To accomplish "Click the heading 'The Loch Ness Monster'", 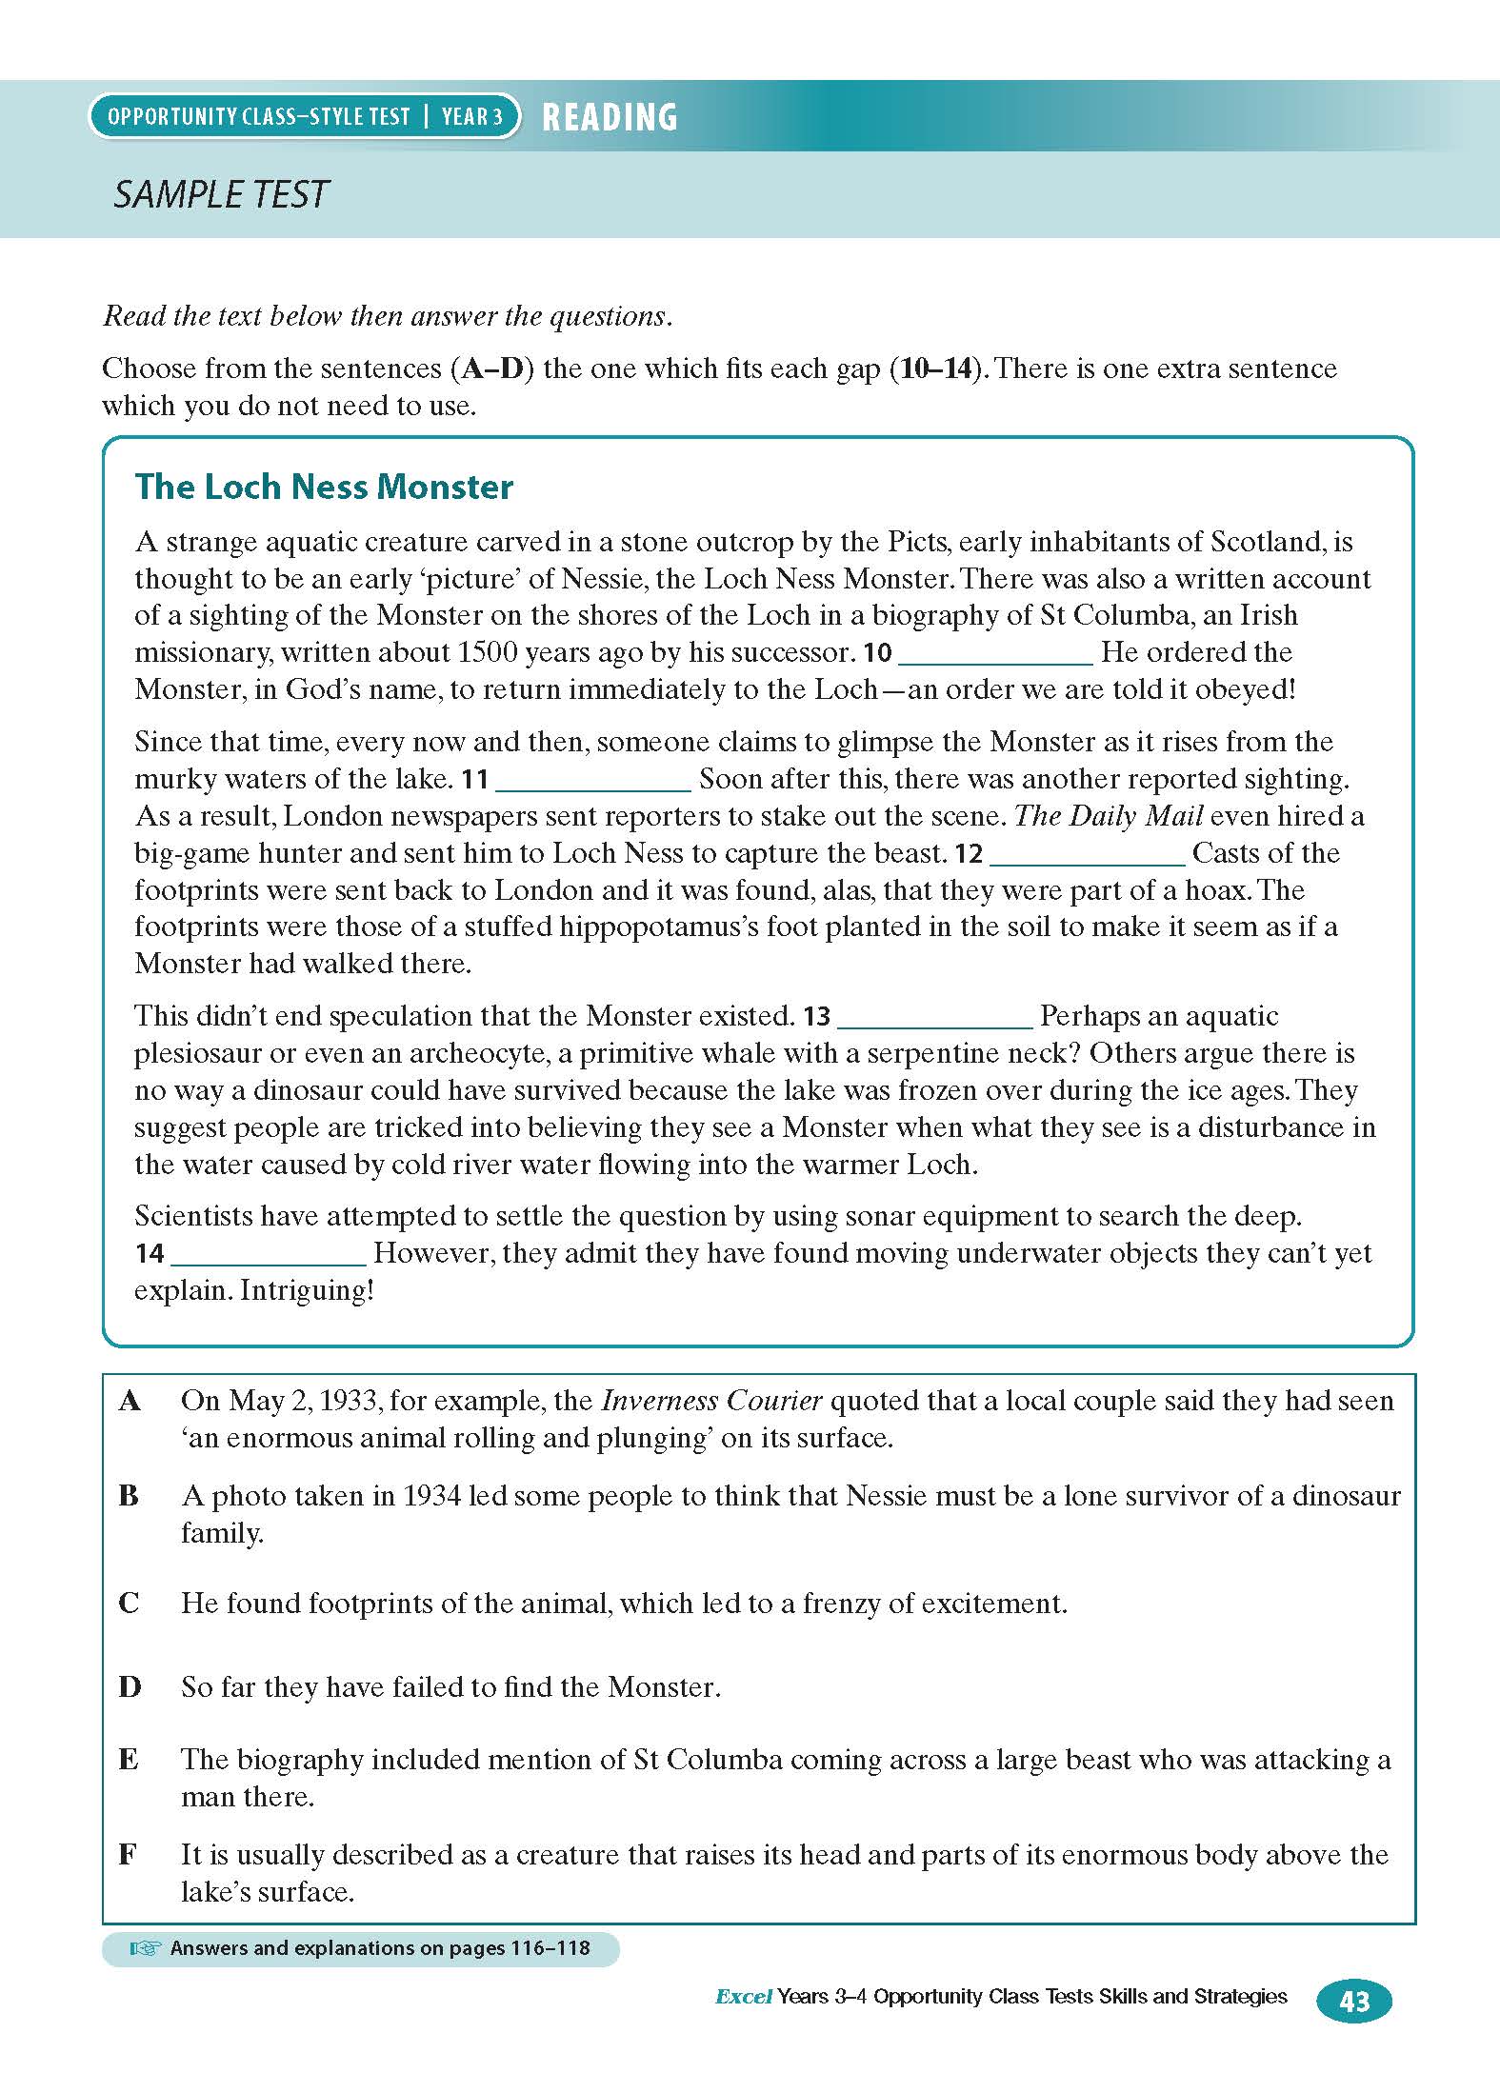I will coord(324,487).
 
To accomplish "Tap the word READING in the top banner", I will coord(610,117).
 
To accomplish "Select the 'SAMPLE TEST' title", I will coord(221,194).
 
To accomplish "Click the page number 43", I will coord(1353,2001).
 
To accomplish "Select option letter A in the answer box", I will coord(130,1401).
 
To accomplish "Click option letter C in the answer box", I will coord(130,1604).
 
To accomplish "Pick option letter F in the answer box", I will coord(128,1855).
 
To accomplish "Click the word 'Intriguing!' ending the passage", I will coord(307,1290).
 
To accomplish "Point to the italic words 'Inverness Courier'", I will coord(712,1401).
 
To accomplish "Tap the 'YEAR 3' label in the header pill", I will coord(472,117).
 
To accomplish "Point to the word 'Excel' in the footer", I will coord(743,1997).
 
